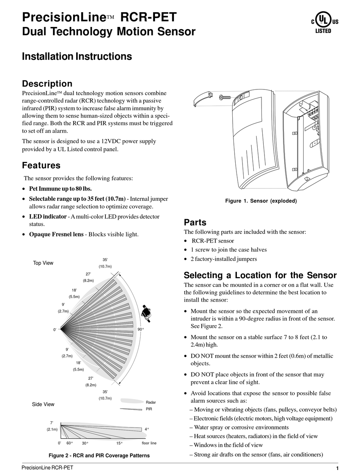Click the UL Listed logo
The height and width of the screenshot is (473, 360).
point(324,22)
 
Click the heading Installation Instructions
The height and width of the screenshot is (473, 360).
point(77,56)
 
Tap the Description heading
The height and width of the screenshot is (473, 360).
point(47,83)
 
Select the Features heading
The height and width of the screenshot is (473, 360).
point(41,165)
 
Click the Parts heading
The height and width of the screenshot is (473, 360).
point(195,222)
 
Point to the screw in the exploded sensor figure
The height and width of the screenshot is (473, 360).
point(225,97)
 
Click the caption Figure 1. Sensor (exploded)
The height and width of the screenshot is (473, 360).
point(261,201)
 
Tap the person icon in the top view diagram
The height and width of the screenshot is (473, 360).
point(146,313)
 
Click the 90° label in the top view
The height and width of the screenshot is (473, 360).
point(141,329)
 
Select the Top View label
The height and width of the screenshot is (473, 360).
point(43,263)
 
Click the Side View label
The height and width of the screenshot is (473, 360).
point(43,404)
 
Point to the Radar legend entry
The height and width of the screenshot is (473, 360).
point(150,402)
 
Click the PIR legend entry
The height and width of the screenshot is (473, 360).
point(149,409)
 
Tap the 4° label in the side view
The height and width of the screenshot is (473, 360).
point(146,429)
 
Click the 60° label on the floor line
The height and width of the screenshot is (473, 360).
point(70,443)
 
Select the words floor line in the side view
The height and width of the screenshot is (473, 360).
point(149,443)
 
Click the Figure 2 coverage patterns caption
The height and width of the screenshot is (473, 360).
point(99,456)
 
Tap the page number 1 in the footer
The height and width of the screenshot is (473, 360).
point(337,468)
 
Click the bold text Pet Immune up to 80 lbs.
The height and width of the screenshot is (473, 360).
point(60,188)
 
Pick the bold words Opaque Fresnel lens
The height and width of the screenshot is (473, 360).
point(56,234)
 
